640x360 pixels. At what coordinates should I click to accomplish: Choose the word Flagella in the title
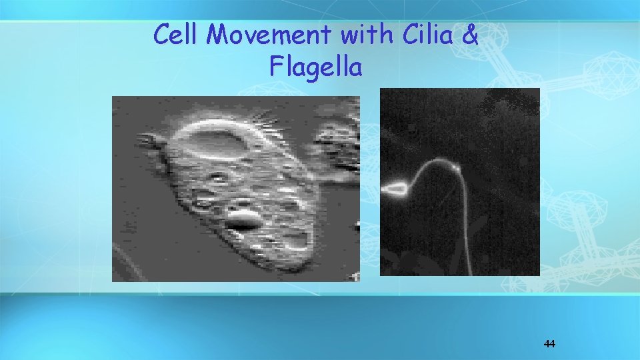pyautogui.click(x=317, y=66)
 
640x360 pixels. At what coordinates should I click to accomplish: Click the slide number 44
pyautogui.click(x=549, y=344)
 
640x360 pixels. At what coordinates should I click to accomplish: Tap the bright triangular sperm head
pyautogui.click(x=396, y=190)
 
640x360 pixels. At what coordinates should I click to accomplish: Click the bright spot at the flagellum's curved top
pyautogui.click(x=455, y=169)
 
